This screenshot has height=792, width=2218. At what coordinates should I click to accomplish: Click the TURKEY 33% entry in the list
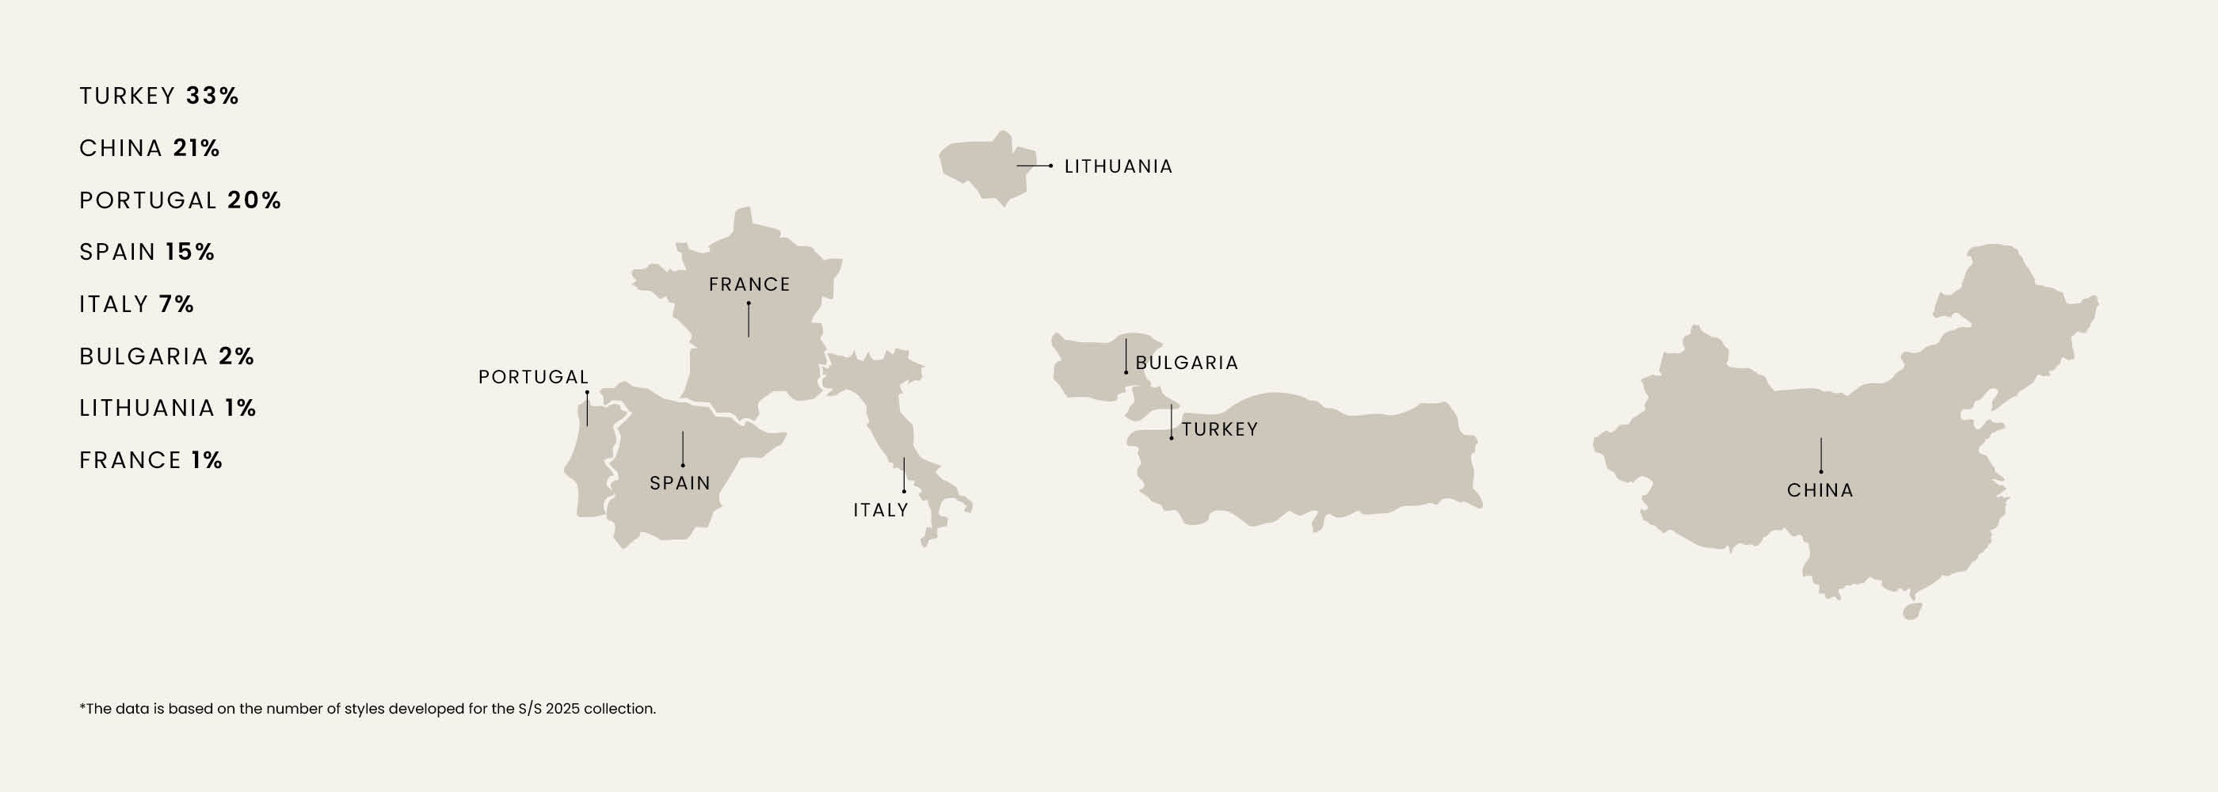pyautogui.click(x=158, y=96)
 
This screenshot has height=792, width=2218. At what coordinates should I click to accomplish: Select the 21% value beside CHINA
pyautogui.click(x=196, y=148)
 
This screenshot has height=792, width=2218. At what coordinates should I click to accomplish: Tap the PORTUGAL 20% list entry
pyautogui.click(x=180, y=200)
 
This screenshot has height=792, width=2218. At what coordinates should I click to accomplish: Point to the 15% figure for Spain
pyautogui.click(x=190, y=251)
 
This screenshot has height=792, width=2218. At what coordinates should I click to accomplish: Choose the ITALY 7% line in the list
pyautogui.click(x=136, y=304)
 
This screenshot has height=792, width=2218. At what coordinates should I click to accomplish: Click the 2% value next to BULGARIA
pyautogui.click(x=237, y=356)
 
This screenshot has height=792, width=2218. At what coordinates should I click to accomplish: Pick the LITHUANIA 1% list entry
pyautogui.click(x=167, y=407)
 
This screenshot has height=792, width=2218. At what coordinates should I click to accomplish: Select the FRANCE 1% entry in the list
pyautogui.click(x=151, y=459)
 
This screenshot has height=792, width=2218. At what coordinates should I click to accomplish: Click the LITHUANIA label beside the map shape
pyautogui.click(x=1118, y=166)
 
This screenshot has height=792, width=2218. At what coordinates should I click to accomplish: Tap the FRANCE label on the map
pyautogui.click(x=749, y=284)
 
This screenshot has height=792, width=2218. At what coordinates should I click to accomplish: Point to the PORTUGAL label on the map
pyautogui.click(x=533, y=377)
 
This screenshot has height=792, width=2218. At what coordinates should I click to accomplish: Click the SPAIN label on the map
pyautogui.click(x=680, y=483)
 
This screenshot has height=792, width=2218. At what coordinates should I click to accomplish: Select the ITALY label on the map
pyautogui.click(x=880, y=509)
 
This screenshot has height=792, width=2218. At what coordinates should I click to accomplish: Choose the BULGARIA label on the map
pyautogui.click(x=1187, y=363)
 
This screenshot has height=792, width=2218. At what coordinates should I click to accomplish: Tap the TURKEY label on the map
pyautogui.click(x=1219, y=428)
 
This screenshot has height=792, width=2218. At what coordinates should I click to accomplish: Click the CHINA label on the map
pyautogui.click(x=1820, y=489)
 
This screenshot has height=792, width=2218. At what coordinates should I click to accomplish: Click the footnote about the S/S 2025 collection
pyautogui.click(x=368, y=709)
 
